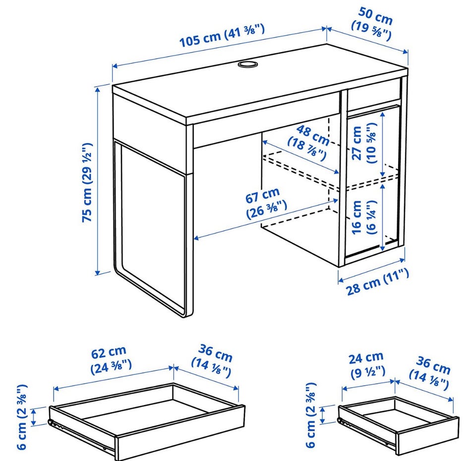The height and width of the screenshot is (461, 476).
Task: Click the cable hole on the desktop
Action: pos(247,64)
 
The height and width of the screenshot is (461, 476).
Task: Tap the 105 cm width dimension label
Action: pos(222,35)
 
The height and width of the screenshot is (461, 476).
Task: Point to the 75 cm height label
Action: pos(87,182)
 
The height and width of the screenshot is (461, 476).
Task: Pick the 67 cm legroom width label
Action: pos(265,203)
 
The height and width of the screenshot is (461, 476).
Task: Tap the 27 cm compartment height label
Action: pos(364,143)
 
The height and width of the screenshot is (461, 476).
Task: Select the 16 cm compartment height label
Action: pos(363,217)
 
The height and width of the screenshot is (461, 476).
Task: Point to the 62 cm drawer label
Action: pos(111,360)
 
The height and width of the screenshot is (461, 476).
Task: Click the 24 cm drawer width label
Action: pos(367,365)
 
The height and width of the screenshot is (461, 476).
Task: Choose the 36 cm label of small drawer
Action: pos(430,373)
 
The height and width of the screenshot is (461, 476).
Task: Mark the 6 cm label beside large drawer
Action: pos(22,417)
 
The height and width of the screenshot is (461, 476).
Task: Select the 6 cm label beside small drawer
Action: pos(311,415)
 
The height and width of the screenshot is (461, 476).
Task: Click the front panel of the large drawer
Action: pos(180,433)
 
